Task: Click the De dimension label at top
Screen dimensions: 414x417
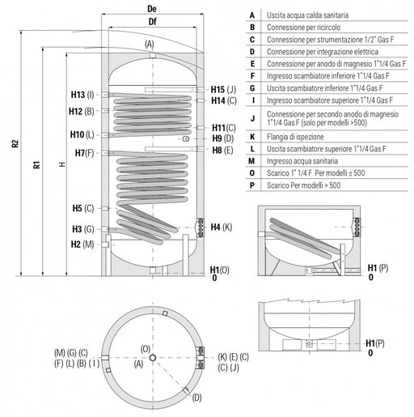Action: [152, 9]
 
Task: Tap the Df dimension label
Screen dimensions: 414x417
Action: [153, 22]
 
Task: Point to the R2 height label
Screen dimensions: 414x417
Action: [15, 143]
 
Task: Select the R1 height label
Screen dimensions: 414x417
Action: [36, 164]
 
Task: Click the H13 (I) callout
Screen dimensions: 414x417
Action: [82, 95]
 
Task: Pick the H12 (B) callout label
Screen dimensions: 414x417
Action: [82, 111]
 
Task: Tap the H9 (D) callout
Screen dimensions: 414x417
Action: [223, 138]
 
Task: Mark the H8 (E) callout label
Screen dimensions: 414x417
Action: [222, 150]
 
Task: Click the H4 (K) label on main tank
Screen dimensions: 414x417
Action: [222, 228]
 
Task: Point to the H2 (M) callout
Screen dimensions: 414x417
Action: [82, 245]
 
